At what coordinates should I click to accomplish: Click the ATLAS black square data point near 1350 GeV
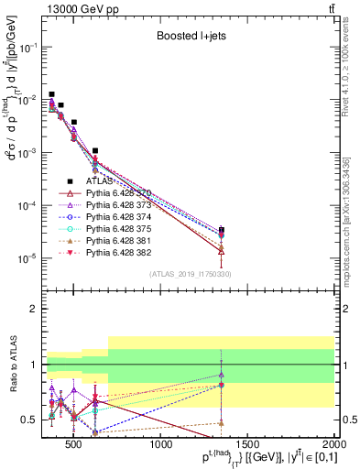click(222, 230)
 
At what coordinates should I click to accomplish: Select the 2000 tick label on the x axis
click(334, 444)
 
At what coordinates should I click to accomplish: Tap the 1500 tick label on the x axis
click(248, 444)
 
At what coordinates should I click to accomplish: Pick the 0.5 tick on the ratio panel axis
click(34, 420)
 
